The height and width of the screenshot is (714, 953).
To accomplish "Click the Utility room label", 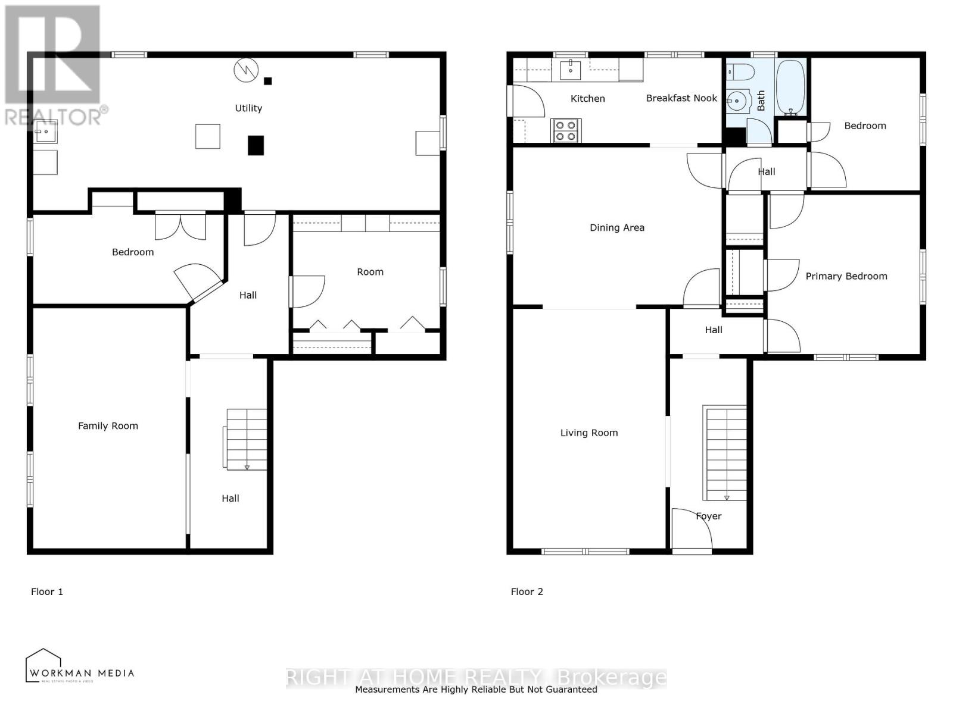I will [x=248, y=108].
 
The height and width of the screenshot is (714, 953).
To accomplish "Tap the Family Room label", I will [x=108, y=426].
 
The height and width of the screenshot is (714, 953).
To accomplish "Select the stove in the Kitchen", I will [x=566, y=131].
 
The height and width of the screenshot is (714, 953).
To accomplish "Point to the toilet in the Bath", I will [x=740, y=72].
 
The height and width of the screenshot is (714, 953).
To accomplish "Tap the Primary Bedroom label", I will [x=846, y=276].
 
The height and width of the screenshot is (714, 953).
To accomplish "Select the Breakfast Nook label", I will [x=681, y=98].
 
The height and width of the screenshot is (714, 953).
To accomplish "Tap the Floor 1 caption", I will [x=47, y=591].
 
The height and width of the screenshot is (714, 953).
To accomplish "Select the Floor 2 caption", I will [x=527, y=591].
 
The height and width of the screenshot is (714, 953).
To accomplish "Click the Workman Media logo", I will [x=79, y=666].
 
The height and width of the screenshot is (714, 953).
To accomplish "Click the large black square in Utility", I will [x=256, y=146].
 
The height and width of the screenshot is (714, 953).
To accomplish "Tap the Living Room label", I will [x=588, y=433].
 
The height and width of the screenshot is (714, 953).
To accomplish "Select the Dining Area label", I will [x=616, y=228].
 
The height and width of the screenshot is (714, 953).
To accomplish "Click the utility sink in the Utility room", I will [x=45, y=131].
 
